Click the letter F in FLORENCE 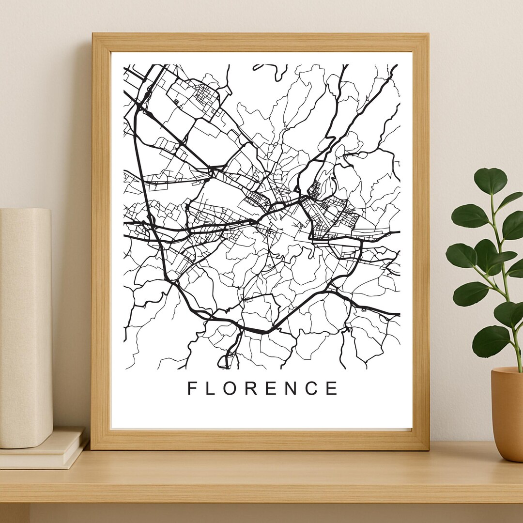[192, 388]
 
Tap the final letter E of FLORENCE [333, 388]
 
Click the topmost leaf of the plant [490, 181]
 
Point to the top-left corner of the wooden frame [92, 34]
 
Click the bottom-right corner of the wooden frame [428, 449]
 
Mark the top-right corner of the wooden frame [428, 34]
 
